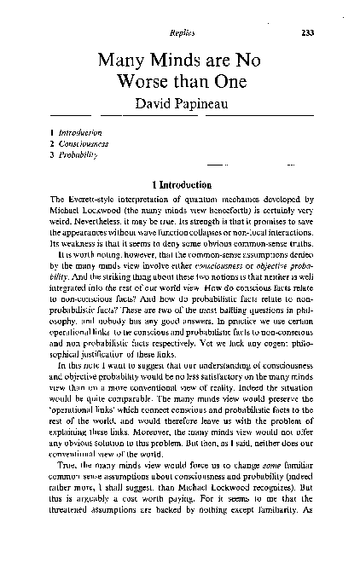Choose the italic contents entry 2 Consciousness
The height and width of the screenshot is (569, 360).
point(78,145)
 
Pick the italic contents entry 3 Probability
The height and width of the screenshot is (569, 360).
point(72,156)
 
